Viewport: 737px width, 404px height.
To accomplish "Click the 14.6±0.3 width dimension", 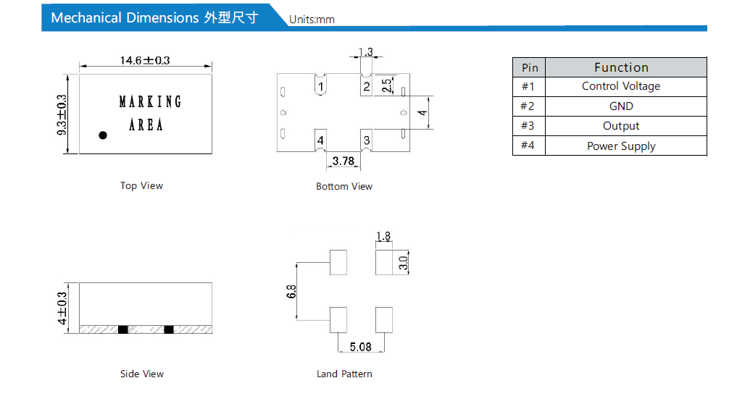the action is tap(145, 61).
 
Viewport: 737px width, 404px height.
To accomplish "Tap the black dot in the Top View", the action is tap(103, 135).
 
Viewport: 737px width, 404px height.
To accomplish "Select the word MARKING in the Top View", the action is tap(150, 101).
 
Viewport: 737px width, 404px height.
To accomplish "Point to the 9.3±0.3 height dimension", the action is tap(62, 115).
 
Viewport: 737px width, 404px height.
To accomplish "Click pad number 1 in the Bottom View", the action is tap(320, 86).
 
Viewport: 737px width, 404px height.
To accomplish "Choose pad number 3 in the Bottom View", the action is tap(367, 140).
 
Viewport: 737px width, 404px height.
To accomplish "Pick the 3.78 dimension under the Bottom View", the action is tap(343, 161).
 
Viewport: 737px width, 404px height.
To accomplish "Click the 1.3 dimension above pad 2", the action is tap(365, 51).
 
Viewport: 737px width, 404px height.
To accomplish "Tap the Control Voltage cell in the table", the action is tap(621, 86).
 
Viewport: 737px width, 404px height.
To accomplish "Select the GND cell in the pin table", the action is tap(621, 106).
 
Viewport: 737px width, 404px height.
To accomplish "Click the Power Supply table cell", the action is tap(621, 146).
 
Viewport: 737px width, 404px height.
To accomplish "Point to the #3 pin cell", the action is tap(528, 126).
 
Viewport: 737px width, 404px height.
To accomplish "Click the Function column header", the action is tap(621, 67).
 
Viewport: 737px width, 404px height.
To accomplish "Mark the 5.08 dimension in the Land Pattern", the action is tap(360, 347).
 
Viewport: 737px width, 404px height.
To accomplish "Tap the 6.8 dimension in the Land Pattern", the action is tap(291, 292).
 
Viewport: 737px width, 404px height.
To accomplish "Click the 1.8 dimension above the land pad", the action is tap(383, 236).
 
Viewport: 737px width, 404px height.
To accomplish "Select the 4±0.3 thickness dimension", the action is tap(62, 308).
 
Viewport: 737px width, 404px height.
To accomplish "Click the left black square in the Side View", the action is tap(122, 329).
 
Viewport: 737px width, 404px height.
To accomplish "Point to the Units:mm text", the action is tap(312, 20).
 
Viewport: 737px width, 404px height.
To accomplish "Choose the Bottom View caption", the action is tap(344, 187).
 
